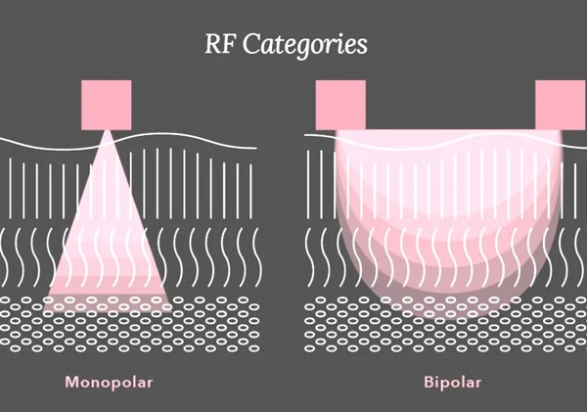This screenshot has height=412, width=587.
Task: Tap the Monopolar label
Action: tap(110, 381)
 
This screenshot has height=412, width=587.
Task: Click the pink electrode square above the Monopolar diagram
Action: tap(106, 105)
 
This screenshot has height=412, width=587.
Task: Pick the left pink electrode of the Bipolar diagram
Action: tap(340, 105)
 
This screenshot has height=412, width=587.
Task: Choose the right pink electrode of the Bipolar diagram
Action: tap(561, 105)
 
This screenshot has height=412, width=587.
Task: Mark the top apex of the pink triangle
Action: tap(106, 131)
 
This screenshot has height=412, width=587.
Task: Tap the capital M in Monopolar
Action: tap(71, 381)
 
